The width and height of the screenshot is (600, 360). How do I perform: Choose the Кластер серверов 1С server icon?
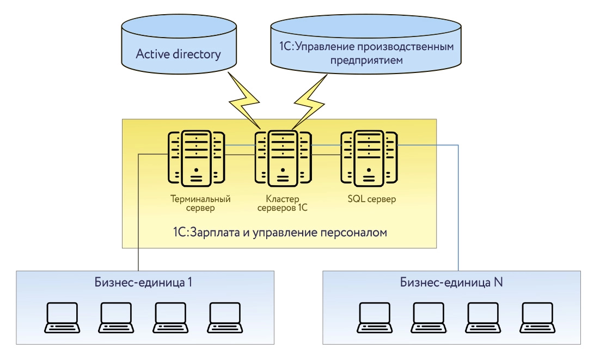tap(282, 158)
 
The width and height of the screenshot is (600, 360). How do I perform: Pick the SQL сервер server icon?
tap(369, 158)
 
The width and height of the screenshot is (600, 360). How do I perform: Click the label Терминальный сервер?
tap(200, 203)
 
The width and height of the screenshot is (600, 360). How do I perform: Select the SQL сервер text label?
tap(371, 199)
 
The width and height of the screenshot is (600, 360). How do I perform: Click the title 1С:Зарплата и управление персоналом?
tap(279, 233)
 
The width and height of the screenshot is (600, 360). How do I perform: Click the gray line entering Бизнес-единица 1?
tap(138, 218)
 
